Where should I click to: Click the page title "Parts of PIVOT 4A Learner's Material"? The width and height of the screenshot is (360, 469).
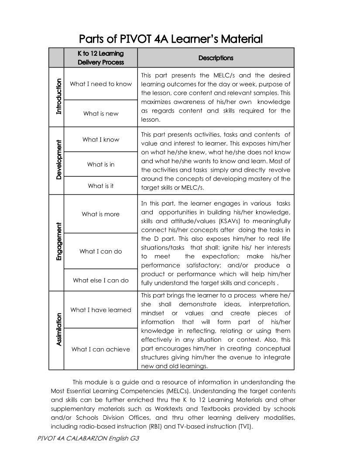(x=171, y=39)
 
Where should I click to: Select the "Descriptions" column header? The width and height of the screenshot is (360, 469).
(x=216, y=58)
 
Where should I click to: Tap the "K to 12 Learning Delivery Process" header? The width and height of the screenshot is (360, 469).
(x=101, y=58)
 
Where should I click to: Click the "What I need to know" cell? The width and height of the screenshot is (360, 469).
(x=101, y=84)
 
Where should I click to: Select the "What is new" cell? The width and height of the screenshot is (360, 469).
(x=101, y=113)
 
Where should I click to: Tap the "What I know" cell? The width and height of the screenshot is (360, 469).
(x=101, y=140)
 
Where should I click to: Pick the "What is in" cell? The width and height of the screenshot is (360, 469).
(x=101, y=164)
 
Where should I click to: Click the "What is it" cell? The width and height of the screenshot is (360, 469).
(x=101, y=186)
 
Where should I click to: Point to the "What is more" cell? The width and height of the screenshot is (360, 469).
(x=101, y=214)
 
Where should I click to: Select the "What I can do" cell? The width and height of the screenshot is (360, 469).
(x=101, y=251)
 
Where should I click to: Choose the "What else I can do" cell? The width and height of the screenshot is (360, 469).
(x=101, y=281)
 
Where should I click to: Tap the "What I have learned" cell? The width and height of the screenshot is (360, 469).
(x=101, y=310)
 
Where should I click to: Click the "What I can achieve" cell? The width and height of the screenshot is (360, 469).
(x=101, y=349)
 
